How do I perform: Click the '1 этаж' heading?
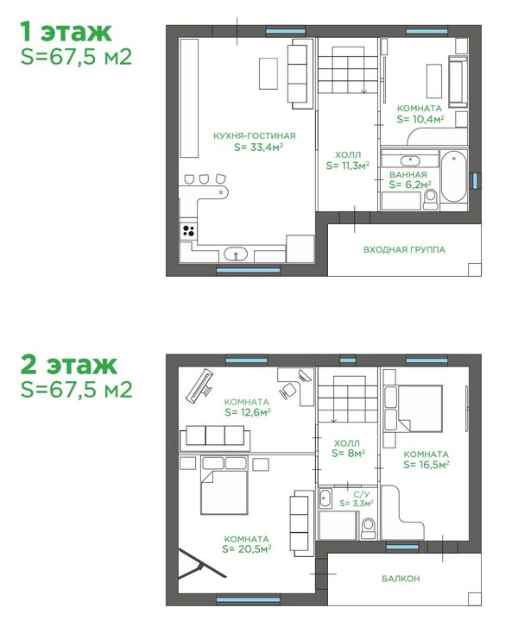pyautogui.click(x=66, y=32)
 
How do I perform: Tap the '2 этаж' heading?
pyautogui.click(x=69, y=365)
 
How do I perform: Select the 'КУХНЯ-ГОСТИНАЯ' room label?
pyautogui.click(x=255, y=135)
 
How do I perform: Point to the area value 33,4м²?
pyautogui.click(x=259, y=147)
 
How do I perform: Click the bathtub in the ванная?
pyautogui.click(x=453, y=177)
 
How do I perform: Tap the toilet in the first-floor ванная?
pyautogui.click(x=430, y=199)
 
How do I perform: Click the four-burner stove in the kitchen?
pyautogui.click(x=188, y=231)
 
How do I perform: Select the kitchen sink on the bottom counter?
pyautogui.click(x=236, y=254)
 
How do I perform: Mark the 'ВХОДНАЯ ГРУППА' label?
pyautogui.click(x=404, y=249)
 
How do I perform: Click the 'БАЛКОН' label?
pyautogui.click(x=401, y=579)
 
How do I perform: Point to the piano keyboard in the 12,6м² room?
pyautogui.click(x=199, y=385)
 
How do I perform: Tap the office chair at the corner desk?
pyautogui.click(x=288, y=391)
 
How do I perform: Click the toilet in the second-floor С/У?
pyautogui.click(x=368, y=528)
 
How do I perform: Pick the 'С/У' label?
pyautogui.click(x=357, y=494)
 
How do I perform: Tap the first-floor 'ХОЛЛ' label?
pyautogui.click(x=348, y=155)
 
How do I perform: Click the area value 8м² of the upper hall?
pyautogui.click(x=348, y=454)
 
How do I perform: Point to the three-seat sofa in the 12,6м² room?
pyautogui.click(x=215, y=436)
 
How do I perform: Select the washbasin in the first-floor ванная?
pyautogui.click(x=410, y=160)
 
